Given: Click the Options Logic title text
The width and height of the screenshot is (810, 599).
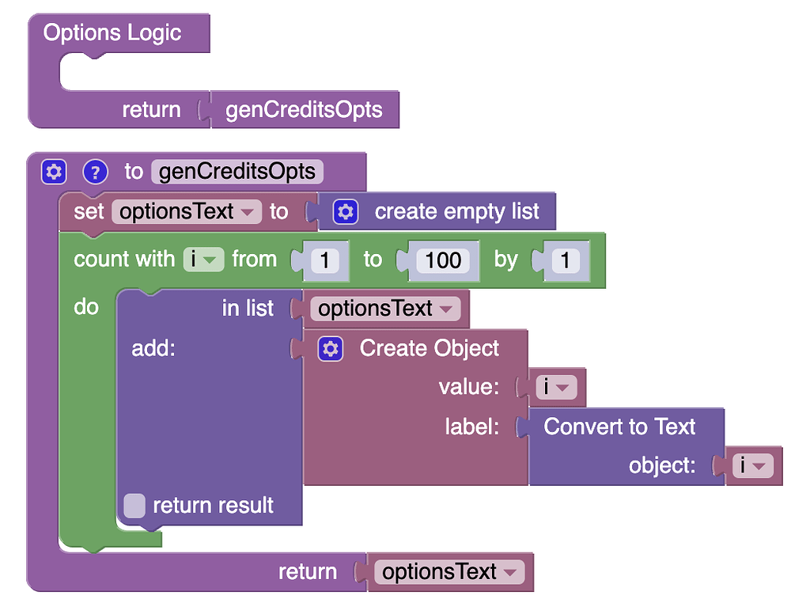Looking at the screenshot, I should (112, 33).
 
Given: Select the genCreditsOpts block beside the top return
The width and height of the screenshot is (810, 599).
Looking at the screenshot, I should (304, 110).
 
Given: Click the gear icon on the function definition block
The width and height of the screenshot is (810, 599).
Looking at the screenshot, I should (53, 172).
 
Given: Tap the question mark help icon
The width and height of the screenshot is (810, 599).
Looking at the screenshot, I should (95, 172).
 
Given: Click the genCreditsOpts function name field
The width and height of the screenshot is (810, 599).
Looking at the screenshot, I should (237, 172).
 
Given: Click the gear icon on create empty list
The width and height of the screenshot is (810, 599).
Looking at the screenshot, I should (346, 212).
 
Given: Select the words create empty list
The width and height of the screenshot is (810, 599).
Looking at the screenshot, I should (456, 212).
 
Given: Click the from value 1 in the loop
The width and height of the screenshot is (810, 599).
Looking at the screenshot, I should (324, 260).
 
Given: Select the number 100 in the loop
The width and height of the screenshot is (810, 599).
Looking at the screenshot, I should (443, 260).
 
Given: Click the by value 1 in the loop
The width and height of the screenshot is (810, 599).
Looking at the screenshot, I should (566, 260).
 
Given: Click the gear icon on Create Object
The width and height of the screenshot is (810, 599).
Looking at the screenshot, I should (330, 349).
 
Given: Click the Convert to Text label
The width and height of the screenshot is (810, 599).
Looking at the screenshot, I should (619, 427).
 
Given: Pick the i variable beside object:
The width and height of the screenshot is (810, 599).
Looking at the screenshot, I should (752, 466).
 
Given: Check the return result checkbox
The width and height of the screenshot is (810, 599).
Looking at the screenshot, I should (134, 506).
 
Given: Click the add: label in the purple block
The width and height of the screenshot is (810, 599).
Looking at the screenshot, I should (153, 349).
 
